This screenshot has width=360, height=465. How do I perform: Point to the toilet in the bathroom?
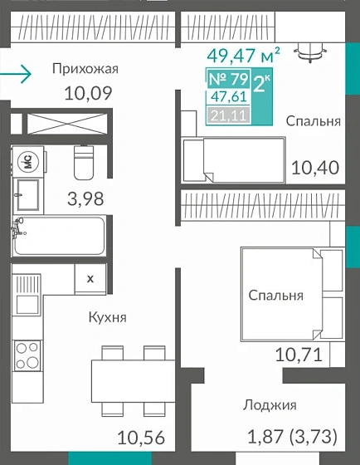pyautogui.click(x=84, y=164)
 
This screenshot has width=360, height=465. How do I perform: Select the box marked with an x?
pyautogui.click(x=90, y=277)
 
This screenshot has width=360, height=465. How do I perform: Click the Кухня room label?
pyautogui.click(x=107, y=316)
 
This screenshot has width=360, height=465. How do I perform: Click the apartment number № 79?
pyautogui.click(x=227, y=81)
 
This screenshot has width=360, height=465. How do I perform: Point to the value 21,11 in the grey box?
pyautogui.click(x=227, y=115)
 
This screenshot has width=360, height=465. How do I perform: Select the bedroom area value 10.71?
pyautogui.click(x=298, y=356)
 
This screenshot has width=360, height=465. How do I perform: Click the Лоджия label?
pyautogui.click(x=270, y=405)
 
